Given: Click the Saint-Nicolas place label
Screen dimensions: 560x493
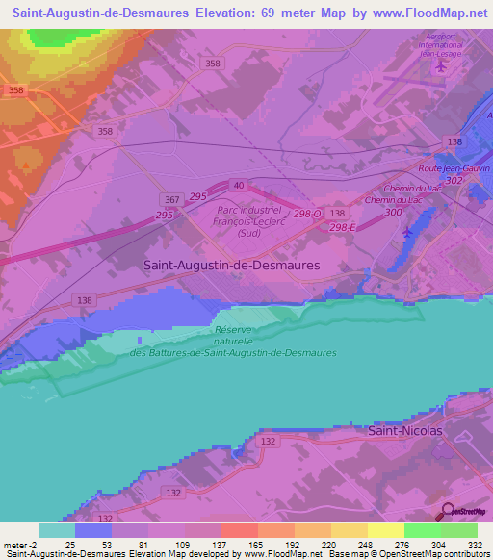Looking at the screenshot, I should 405,431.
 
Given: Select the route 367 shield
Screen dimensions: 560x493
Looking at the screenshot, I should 171,199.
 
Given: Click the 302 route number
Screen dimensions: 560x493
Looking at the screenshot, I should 455,180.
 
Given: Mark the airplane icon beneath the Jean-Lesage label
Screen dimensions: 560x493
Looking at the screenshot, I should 441,67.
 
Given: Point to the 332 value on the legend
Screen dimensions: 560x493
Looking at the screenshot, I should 474,545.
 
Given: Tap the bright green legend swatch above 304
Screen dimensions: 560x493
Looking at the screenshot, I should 422,530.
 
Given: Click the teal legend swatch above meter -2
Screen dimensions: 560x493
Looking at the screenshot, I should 57,530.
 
